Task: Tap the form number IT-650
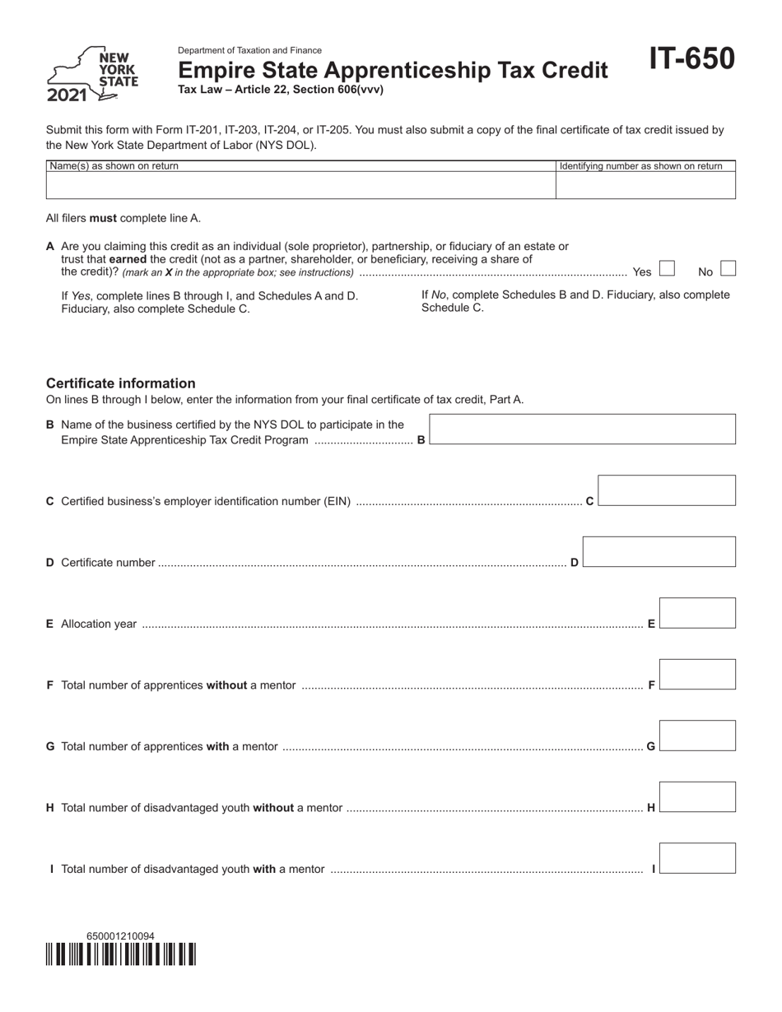tap(691, 59)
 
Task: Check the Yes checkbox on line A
tap(667, 268)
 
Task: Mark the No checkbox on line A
tap(728, 268)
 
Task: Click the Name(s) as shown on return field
tap(300, 185)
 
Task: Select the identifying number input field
tap(645, 185)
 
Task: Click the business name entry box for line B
tap(583, 429)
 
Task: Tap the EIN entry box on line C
tap(666, 490)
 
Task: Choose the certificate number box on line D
tap(659, 551)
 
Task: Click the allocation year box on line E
tap(697, 613)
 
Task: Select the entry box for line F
tap(697, 674)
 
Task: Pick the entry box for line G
tap(697, 736)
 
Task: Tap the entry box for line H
tap(697, 796)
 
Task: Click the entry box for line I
tap(697, 857)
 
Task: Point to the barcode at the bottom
tap(121, 954)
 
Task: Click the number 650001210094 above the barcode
tap(120, 936)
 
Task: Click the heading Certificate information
tap(121, 383)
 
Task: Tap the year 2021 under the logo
tap(67, 95)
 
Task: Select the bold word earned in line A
tap(128, 259)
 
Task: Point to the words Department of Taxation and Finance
tap(249, 50)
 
